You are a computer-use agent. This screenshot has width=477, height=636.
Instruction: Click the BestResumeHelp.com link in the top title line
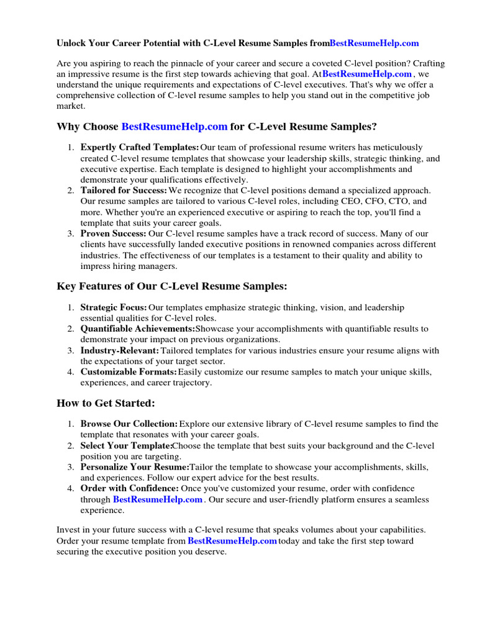tap(374, 43)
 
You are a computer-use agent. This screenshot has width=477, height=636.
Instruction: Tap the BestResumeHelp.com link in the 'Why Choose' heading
tap(175, 127)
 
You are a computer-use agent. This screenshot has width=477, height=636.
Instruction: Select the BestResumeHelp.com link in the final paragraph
tap(232, 541)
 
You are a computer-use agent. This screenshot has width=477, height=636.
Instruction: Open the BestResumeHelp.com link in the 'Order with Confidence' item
tap(158, 499)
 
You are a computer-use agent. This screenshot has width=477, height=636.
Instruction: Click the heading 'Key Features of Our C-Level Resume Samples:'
tap(172, 286)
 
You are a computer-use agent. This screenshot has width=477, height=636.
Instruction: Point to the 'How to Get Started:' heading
tap(106, 403)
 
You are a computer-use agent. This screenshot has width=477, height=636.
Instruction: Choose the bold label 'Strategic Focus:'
tap(114, 307)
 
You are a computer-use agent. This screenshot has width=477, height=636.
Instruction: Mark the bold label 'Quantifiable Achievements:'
tap(137, 329)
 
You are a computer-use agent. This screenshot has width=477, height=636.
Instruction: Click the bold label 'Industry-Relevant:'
tap(120, 350)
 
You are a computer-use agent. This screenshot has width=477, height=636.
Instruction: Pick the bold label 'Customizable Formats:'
tap(129, 371)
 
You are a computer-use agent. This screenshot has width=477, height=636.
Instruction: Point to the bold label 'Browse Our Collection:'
tap(129, 424)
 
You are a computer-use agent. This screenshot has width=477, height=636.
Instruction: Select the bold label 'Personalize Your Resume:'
tap(135, 466)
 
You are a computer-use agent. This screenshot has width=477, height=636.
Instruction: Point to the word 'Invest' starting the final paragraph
tap(68, 530)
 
